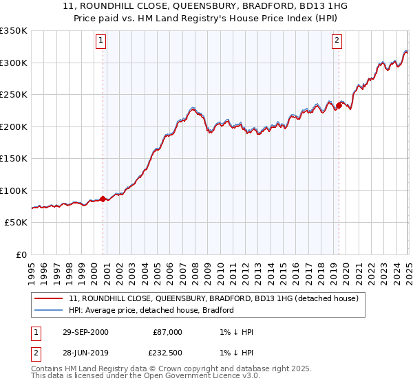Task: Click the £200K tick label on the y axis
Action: (x=14, y=126)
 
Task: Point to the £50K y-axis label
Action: (x=16, y=223)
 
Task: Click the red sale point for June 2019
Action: (x=339, y=106)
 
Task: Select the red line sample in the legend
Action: (x=49, y=299)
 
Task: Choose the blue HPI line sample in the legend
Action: (x=49, y=310)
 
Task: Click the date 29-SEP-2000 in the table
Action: (x=85, y=332)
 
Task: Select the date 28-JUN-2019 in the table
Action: (x=85, y=353)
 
